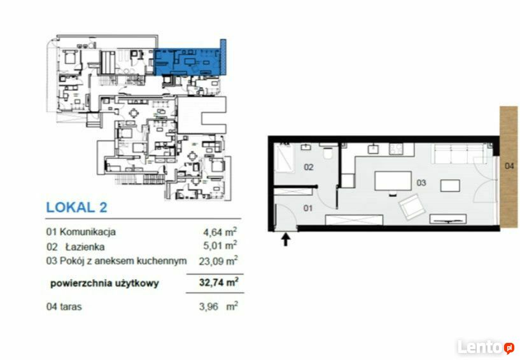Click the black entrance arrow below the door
(286, 239)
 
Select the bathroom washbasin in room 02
(306, 147)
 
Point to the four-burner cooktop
(396, 149)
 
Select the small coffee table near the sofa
(450, 186)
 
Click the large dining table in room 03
(393, 181)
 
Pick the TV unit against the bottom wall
(448, 219)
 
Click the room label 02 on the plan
(309, 167)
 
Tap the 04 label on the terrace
(509, 165)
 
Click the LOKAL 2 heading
(76, 207)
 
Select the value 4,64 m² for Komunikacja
(220, 232)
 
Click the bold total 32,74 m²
(218, 282)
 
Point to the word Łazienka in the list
(85, 247)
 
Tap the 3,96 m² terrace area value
(218, 306)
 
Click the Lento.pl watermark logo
(486, 347)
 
